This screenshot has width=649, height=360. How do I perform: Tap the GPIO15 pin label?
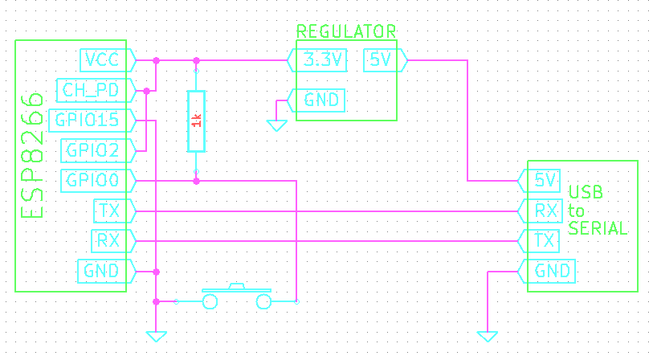88,121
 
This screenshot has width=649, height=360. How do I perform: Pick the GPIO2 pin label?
95,150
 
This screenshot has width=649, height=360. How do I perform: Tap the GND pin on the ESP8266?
104,271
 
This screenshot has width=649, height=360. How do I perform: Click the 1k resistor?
196,121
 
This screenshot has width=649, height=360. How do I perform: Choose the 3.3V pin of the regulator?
319,60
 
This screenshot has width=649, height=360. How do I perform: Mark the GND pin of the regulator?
319,100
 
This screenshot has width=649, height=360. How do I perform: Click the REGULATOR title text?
346,32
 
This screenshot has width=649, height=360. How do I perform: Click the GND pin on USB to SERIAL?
551,271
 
